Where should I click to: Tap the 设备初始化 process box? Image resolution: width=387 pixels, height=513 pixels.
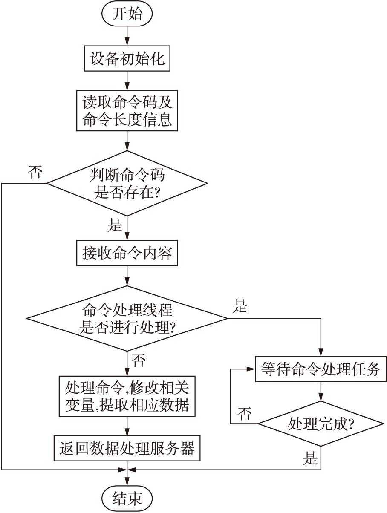(127, 58)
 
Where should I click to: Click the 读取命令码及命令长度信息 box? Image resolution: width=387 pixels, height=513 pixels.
(127, 110)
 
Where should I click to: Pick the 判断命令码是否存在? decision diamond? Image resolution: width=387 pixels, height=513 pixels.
(127, 183)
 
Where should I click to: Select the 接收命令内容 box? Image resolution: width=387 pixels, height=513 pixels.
(127, 254)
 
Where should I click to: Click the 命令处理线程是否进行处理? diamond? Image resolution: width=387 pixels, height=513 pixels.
(127, 318)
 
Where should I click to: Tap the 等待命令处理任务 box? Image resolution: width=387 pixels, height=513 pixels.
(320, 369)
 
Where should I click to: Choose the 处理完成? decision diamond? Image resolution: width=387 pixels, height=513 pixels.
(320, 424)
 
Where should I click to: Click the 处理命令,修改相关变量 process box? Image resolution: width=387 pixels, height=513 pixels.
(127, 396)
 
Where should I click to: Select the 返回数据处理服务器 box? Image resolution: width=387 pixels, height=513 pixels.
(127, 448)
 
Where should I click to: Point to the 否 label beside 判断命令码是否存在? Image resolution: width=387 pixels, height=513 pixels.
(35, 172)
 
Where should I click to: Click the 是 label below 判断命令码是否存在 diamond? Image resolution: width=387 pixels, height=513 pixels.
(116, 225)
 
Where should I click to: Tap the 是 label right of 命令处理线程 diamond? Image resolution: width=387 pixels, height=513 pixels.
(240, 306)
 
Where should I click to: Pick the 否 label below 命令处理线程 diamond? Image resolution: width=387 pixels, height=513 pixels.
(139, 361)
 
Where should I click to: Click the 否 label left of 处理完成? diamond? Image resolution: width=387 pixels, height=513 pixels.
(245, 414)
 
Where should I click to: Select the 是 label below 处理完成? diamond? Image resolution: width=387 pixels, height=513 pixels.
(310, 458)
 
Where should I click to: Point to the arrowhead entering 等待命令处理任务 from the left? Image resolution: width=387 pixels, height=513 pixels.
(251, 369)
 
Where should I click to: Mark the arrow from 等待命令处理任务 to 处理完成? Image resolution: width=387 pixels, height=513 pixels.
(320, 391)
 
